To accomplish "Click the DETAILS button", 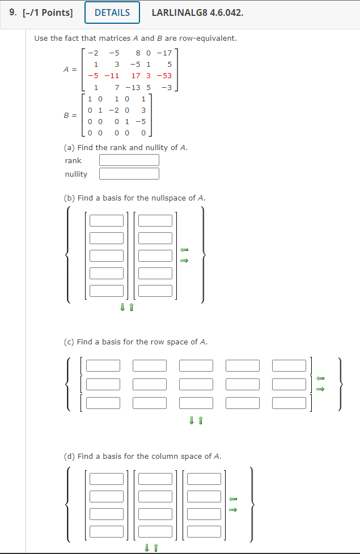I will [112, 12].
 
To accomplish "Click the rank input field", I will [129, 160].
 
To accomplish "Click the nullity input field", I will [129, 174].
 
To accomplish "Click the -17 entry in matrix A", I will [166, 53].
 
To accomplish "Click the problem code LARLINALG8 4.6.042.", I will [197, 12].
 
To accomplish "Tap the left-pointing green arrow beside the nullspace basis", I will [184, 250].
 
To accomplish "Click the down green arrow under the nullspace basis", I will [122, 307].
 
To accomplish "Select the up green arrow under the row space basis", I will [201, 420].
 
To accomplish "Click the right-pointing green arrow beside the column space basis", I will [232, 509].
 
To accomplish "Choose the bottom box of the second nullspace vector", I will [155, 291].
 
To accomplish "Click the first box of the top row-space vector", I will [103, 366].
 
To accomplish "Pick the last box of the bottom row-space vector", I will [289, 403].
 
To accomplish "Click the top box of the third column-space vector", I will [204, 479].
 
